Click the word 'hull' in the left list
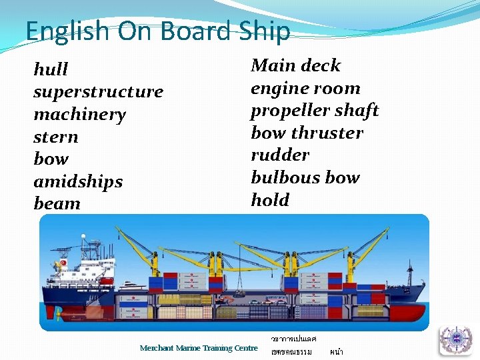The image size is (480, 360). tap(51, 69)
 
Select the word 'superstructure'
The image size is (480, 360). tap(98, 91)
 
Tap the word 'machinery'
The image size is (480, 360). tap(79, 114)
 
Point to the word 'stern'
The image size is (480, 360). tap(56, 137)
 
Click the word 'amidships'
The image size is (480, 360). tap(78, 181)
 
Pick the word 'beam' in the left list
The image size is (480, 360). tap(57, 203)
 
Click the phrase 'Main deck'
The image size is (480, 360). tap(295, 65)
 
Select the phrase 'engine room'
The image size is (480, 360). tap(305, 88)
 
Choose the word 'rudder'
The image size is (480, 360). tap(280, 155)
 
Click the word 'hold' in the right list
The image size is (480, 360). tap(270, 199)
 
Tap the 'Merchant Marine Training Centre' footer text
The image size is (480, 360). tap(199, 348)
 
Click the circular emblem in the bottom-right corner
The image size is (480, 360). tap(455, 340)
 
